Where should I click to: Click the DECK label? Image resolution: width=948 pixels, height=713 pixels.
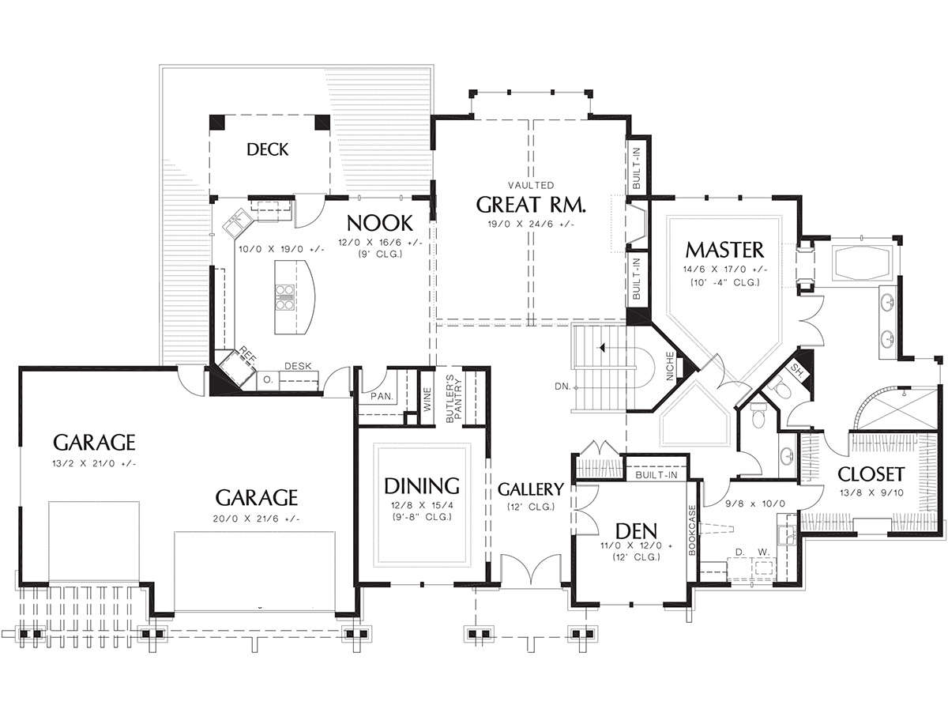coord(267,149)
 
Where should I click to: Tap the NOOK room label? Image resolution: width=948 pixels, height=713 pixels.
coord(380,224)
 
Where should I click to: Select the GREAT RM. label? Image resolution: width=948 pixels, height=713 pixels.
coord(531,205)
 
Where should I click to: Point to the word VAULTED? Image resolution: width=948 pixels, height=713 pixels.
coord(531,186)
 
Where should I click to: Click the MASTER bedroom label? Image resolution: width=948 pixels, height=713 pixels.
coord(724,250)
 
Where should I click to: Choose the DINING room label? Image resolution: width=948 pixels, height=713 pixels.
coord(422,486)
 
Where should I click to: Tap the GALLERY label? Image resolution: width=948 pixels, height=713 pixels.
coord(531,489)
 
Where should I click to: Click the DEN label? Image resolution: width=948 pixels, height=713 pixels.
coord(636,531)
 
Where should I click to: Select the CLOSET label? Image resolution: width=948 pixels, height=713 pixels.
coord(871,474)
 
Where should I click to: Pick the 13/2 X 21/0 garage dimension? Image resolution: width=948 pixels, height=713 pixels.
coord(94,464)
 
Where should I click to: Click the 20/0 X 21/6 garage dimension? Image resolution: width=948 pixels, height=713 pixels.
coord(256,519)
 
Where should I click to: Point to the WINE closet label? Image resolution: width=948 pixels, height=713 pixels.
coord(427,400)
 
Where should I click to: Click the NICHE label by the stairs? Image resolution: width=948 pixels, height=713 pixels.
coord(670,366)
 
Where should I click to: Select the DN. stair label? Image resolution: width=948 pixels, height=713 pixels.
coord(562,387)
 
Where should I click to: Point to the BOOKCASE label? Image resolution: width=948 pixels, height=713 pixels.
coord(692,530)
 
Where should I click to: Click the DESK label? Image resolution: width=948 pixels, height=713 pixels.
coord(298,366)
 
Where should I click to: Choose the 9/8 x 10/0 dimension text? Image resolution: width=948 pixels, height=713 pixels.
coord(755,504)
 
